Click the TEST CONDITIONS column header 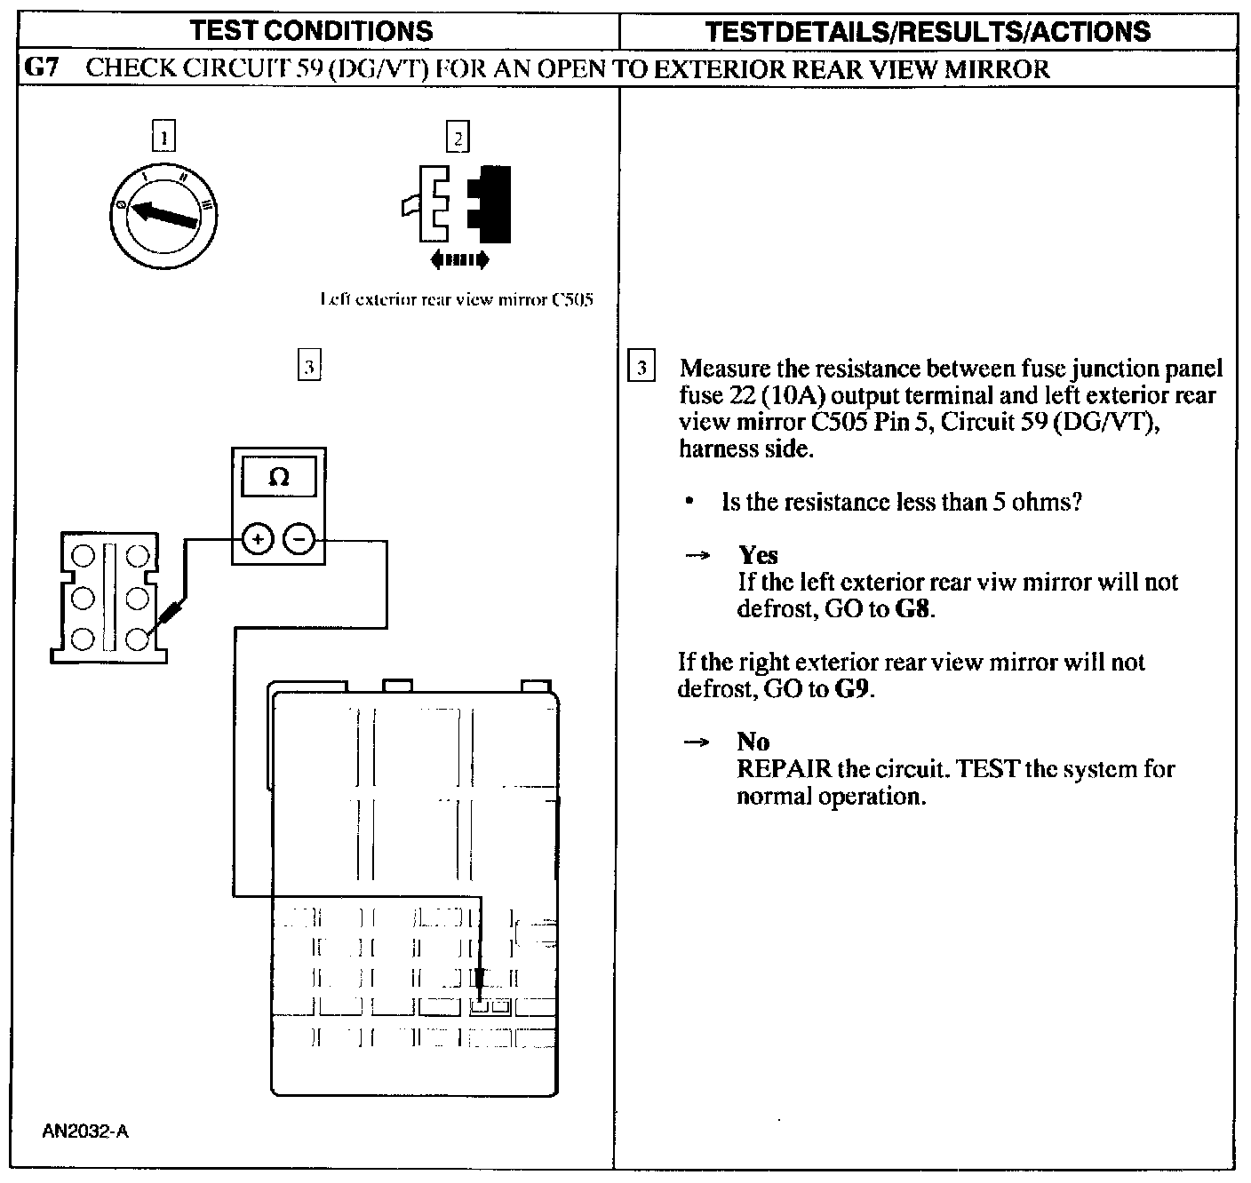(312, 32)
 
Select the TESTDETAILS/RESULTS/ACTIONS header (928, 32)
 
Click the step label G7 (42, 68)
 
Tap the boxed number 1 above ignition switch (164, 138)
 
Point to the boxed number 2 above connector (458, 138)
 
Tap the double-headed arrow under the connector (458, 260)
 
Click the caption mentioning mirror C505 (456, 299)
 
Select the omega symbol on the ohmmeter (278, 478)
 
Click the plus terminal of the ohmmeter (257, 538)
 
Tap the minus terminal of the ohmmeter (299, 538)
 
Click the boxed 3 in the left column (308, 366)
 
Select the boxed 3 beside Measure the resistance (641, 368)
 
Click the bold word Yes (758, 555)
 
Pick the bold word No (753, 742)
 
